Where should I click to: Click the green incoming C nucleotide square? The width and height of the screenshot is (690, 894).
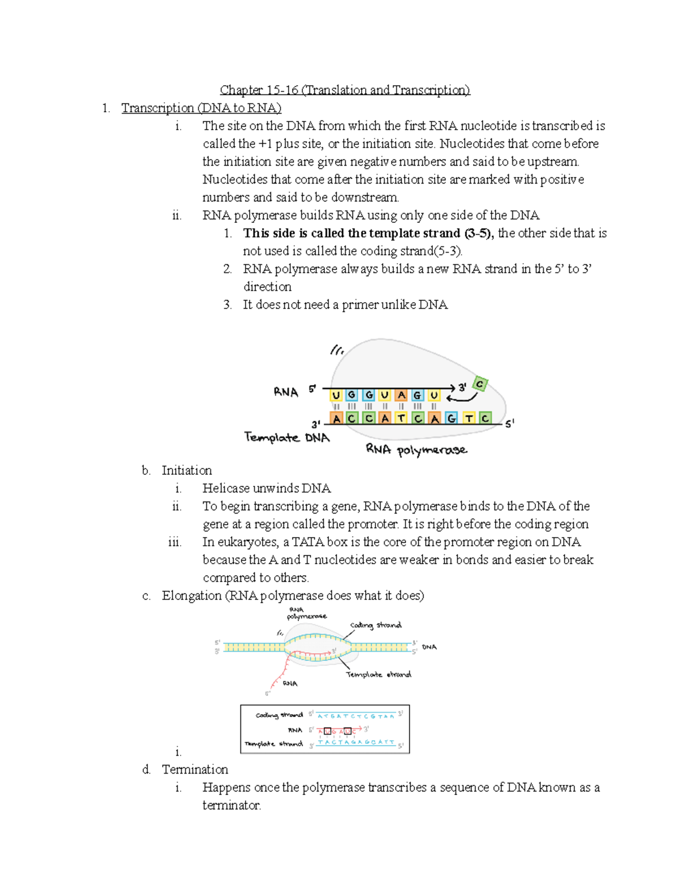click(480, 384)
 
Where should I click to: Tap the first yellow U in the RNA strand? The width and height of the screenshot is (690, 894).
click(336, 395)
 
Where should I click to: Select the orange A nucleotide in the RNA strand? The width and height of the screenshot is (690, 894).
click(401, 395)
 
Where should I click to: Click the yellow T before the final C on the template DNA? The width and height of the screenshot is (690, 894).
click(469, 419)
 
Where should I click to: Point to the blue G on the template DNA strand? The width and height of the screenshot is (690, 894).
click(452, 419)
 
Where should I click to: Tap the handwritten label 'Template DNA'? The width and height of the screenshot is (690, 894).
click(287, 438)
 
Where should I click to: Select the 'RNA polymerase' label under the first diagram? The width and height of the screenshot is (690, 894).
click(416, 450)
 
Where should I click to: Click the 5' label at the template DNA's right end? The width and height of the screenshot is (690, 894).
click(509, 423)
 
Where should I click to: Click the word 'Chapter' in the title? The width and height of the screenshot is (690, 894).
click(241, 90)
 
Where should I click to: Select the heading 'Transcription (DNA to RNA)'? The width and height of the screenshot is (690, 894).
click(201, 108)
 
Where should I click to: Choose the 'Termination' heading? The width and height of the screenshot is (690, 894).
click(195, 769)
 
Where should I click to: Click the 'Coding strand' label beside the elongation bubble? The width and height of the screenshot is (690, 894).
click(376, 625)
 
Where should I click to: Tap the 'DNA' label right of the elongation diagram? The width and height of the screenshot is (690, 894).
click(430, 647)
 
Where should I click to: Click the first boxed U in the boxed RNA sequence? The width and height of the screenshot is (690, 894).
click(328, 731)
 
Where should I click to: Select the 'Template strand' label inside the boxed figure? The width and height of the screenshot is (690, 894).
click(274, 744)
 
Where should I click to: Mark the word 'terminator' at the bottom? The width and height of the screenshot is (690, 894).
click(231, 805)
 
